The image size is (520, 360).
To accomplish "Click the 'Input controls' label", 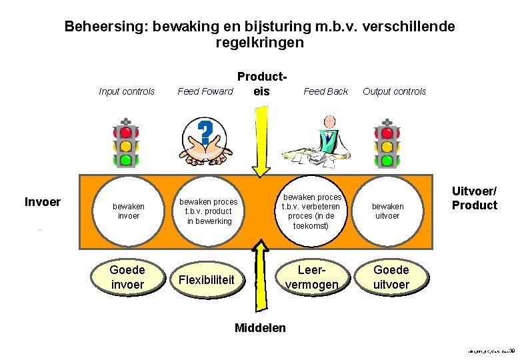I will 127,91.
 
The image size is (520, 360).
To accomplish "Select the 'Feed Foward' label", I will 205,91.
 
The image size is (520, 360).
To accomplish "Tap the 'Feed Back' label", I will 325,91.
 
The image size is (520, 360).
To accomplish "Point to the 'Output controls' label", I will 394,91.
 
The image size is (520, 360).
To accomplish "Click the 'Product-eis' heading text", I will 262,83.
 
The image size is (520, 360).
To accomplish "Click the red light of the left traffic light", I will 125,132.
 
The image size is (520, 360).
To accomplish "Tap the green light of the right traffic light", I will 387,160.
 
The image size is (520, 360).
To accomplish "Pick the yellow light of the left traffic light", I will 125,146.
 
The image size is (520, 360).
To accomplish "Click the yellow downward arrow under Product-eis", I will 263,140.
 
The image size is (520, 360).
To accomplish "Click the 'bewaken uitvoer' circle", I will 387,211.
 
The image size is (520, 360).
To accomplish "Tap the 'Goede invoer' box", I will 127,277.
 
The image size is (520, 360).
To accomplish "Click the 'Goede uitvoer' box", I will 391,277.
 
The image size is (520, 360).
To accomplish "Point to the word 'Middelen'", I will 261,327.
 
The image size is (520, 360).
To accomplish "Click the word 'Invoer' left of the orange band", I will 43,202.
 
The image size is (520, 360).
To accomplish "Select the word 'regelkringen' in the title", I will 260,43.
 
